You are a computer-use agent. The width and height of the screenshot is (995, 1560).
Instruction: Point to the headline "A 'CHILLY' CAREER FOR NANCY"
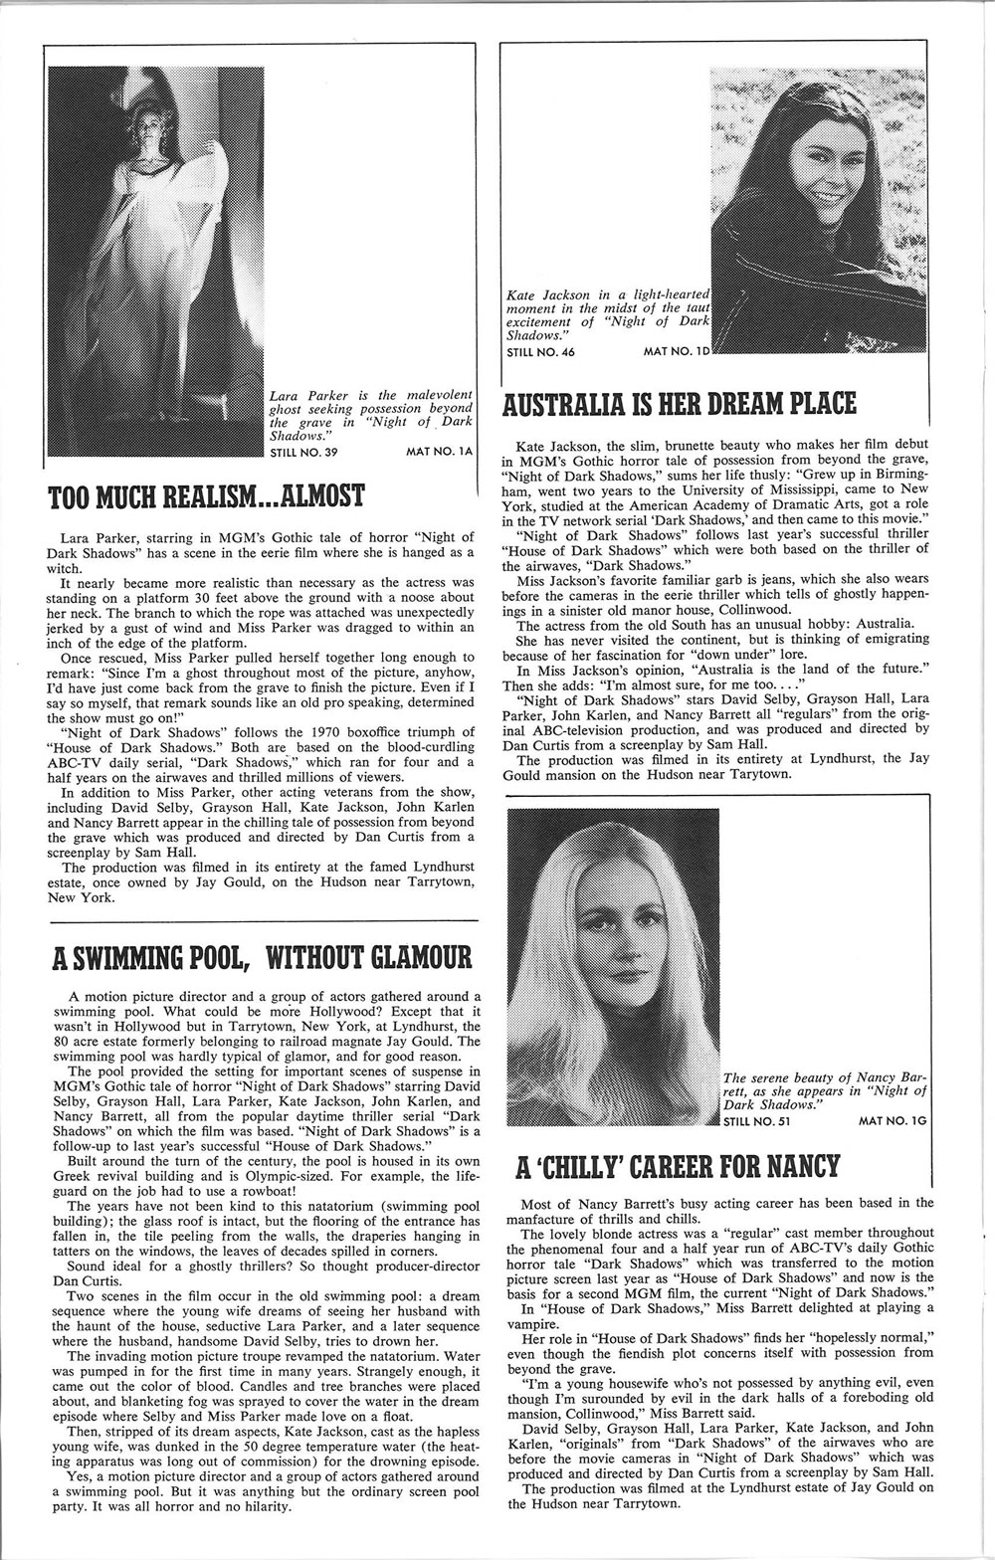pyautogui.click(x=678, y=1165)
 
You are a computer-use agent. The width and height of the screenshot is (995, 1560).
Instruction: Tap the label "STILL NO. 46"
pyautogui.click(x=541, y=352)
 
